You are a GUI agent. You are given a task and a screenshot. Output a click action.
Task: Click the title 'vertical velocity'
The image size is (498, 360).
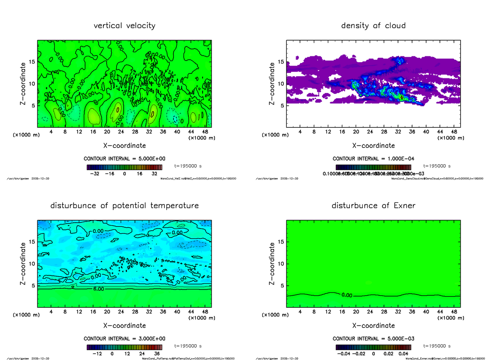tap(124, 26)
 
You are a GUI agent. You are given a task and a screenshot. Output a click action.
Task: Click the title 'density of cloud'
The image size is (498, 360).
tap(373, 26)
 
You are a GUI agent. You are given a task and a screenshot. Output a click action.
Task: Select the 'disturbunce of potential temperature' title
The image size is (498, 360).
tap(124, 206)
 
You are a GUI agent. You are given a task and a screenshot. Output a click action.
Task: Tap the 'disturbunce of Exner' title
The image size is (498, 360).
tap(373, 206)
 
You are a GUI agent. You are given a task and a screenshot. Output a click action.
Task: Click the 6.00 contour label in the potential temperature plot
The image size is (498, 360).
tap(99, 289)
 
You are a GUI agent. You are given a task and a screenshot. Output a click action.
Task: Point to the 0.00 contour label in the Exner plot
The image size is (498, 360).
tap(347, 295)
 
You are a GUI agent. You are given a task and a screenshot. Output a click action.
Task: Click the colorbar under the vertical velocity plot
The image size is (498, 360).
tap(124, 168)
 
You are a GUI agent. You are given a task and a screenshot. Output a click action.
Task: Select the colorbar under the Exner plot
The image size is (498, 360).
tap(373, 348)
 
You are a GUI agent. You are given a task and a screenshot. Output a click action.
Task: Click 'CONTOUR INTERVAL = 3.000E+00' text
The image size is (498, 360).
tap(124, 338)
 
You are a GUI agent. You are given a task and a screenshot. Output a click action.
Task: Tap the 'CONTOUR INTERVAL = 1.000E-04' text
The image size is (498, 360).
tap(373, 158)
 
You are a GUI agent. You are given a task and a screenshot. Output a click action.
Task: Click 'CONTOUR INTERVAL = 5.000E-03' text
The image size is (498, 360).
tap(373, 338)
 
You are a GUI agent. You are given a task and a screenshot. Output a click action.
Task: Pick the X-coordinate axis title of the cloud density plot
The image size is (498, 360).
tap(373, 146)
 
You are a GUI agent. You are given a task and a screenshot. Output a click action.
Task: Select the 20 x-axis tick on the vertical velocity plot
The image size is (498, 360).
tap(107, 132)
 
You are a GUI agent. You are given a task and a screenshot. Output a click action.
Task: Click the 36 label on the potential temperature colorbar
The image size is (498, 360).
tap(157, 354)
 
